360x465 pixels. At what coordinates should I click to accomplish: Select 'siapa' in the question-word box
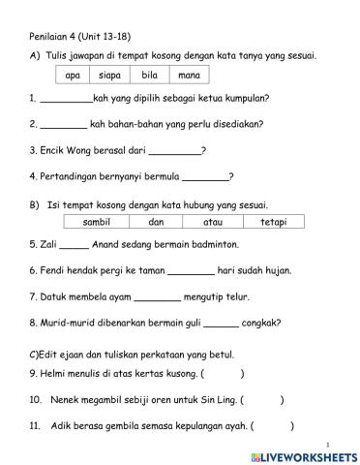(x=108, y=75)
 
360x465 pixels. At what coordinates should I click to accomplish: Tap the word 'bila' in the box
(x=149, y=75)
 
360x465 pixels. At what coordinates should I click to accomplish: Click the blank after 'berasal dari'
(x=175, y=152)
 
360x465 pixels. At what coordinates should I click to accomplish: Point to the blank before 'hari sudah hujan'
(x=191, y=273)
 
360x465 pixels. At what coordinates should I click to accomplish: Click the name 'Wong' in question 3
(x=82, y=150)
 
